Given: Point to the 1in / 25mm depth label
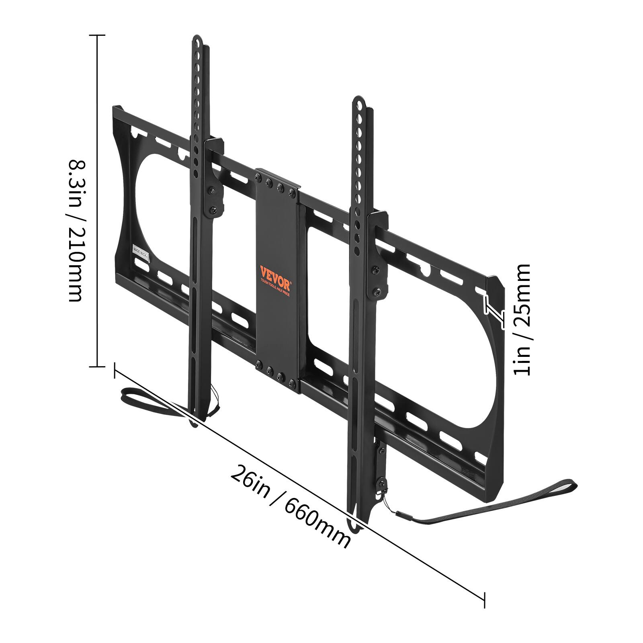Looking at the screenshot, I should pyautogui.click(x=522, y=319).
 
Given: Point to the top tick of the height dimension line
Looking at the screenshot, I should pyautogui.click(x=96, y=35).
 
